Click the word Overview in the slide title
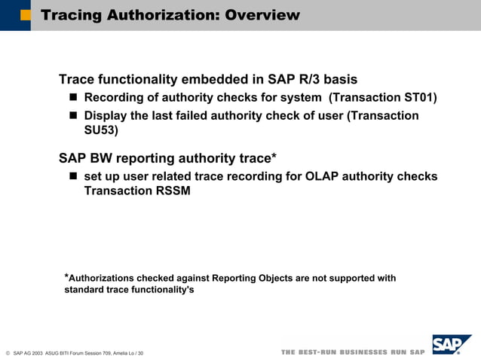pyautogui.click(x=260, y=15)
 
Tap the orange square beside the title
pyautogui.click(x=25, y=15)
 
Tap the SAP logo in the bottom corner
pyautogui.click(x=452, y=345)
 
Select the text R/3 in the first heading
pyautogui.click(x=308, y=80)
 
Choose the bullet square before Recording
pyautogui.click(x=74, y=98)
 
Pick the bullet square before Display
pyautogui.click(x=74, y=116)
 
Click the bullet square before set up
pyautogui.click(x=74, y=176)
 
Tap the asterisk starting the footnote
pyautogui.click(x=66, y=276)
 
